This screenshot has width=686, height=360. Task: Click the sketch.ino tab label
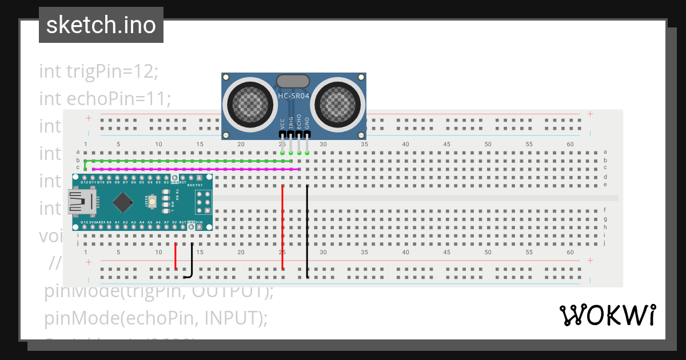[101, 25]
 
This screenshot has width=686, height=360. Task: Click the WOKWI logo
[607, 315]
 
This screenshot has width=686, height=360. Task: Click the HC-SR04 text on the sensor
[293, 96]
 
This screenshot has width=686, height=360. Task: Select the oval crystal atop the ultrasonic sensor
[293, 82]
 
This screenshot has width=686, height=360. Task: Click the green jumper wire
[189, 161]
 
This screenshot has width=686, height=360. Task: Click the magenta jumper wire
[194, 169]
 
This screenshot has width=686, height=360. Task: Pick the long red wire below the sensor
[282, 229]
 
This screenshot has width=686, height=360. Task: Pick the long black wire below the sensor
[307, 229]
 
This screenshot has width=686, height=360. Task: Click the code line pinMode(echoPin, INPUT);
[155, 317]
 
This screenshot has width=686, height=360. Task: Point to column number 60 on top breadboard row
[570, 145]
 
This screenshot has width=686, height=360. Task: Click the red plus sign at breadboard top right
[590, 114]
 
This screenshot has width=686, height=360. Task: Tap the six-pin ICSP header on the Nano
[204, 202]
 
